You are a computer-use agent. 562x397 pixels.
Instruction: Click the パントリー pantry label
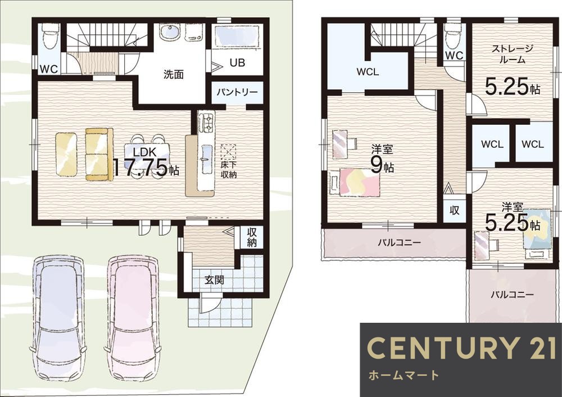(237, 92)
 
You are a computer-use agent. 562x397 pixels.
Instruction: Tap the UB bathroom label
(237, 63)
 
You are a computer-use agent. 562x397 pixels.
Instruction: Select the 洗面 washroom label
(174, 74)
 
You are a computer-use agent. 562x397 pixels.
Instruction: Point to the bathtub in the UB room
(237, 37)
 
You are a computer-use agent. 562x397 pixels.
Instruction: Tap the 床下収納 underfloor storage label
(228, 171)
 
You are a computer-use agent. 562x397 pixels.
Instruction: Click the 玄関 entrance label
(214, 279)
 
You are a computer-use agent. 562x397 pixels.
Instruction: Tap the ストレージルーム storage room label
(512, 54)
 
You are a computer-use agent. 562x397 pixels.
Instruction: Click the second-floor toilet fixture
(452, 36)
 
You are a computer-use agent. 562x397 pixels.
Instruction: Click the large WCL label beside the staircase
(368, 72)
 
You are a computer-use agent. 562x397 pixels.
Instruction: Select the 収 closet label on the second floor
(455, 210)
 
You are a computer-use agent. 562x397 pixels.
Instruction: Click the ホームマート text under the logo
(404, 375)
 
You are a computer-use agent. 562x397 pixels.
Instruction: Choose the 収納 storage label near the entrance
(252, 237)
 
